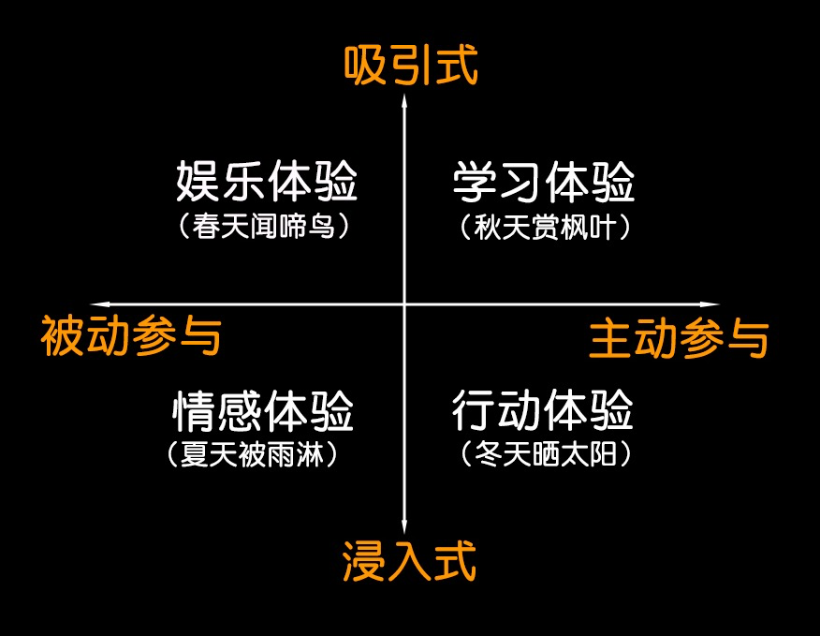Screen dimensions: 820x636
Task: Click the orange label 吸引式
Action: pyautogui.click(x=411, y=65)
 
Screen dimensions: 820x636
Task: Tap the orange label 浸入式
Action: pyautogui.click(x=409, y=561)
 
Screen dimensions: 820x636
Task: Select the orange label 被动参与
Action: pyautogui.click(x=131, y=335)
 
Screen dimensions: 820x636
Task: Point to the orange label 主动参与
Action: pyautogui.click(x=679, y=339)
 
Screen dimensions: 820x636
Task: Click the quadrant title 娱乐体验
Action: pyautogui.click(x=267, y=181)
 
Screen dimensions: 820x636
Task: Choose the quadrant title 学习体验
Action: pyautogui.click(x=544, y=182)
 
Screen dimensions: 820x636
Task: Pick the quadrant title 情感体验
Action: pyautogui.click(x=263, y=411)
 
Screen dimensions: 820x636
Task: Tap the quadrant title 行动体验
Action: pyautogui.click(x=543, y=409)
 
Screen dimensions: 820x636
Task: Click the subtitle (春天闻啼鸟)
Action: pyautogui.click(x=264, y=227)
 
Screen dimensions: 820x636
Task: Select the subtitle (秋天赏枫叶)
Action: pyautogui.click(x=545, y=228)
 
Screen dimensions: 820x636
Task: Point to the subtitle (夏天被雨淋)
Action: pyautogui.click(x=252, y=454)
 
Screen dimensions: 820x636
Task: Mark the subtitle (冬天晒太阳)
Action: pyautogui.click(x=546, y=454)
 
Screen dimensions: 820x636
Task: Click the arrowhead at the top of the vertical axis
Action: pyautogui.click(x=404, y=100)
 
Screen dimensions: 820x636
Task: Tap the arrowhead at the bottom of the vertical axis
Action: pyautogui.click(x=404, y=526)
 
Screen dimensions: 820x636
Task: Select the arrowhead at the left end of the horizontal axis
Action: pyautogui.click(x=99, y=304)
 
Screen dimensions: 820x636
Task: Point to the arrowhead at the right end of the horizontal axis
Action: pyautogui.click(x=710, y=304)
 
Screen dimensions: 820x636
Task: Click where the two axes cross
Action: pyautogui.click(x=404, y=304)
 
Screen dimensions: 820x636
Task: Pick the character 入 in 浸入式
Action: pyautogui.click(x=409, y=561)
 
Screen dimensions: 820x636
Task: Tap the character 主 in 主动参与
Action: pyautogui.click(x=610, y=339)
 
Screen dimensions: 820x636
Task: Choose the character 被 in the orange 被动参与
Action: pyautogui.click(x=62, y=335)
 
